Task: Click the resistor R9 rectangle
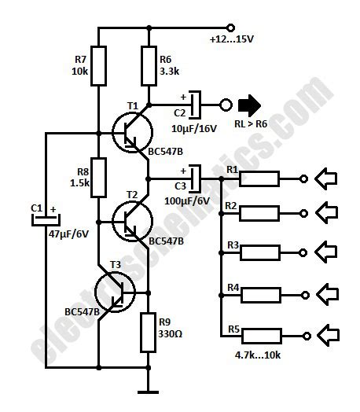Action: click(149, 333)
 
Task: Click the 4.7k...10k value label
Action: click(257, 355)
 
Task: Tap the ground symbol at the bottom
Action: click(149, 391)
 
